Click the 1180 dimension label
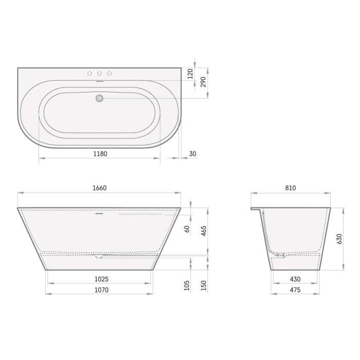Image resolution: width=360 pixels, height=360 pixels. (100, 154)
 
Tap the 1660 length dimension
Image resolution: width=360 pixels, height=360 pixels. (100, 188)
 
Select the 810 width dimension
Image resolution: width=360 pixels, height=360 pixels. (291, 188)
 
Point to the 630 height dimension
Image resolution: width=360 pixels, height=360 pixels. (339, 239)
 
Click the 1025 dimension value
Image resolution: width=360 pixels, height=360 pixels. (101, 279)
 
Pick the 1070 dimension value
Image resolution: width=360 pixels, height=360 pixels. (101, 290)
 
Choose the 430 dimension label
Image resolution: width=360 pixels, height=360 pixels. (295, 279)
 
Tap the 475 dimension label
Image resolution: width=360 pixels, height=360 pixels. (295, 290)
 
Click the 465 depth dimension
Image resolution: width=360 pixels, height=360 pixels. (204, 231)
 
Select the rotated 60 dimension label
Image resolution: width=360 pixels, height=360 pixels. (187, 229)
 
